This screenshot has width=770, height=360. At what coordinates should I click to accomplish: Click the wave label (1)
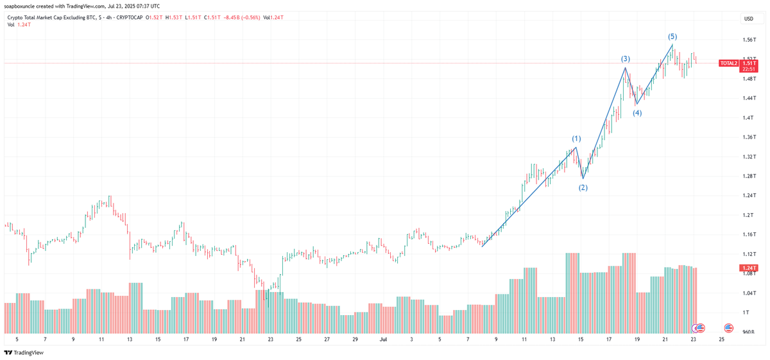point(576,139)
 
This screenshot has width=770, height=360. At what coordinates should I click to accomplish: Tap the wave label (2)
point(583,187)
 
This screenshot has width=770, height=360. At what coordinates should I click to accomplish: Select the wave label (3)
point(625,59)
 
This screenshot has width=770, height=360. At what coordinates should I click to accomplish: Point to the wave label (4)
point(637,113)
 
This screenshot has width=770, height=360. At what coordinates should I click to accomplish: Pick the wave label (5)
point(672,37)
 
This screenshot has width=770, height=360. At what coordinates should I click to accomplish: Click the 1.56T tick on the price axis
point(748,40)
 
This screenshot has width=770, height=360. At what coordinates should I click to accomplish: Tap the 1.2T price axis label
point(748,215)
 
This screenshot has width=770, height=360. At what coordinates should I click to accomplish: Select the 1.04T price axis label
point(748,293)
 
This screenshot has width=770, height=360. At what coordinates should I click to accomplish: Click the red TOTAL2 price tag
point(728,64)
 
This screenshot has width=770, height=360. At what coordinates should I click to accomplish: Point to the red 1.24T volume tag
point(748,268)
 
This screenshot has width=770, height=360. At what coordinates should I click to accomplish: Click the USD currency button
point(748,19)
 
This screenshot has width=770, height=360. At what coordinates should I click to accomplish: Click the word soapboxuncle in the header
point(21,6)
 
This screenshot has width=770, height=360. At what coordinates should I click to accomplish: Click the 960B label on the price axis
point(748,332)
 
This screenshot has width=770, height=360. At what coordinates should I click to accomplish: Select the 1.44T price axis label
point(748,98)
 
